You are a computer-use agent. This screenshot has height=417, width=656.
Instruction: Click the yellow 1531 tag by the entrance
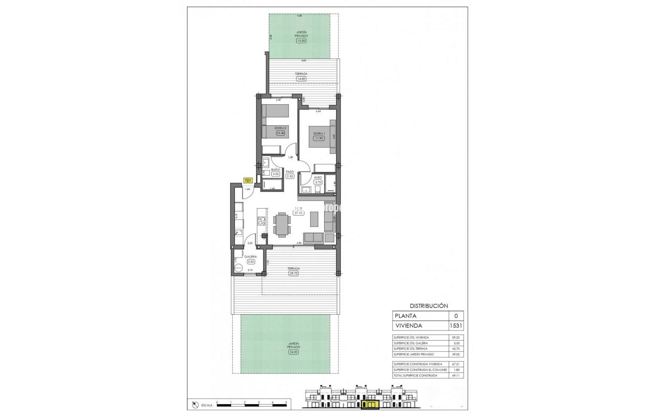[x=248, y=180]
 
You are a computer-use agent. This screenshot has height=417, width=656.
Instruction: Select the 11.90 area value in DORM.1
[x=319, y=138]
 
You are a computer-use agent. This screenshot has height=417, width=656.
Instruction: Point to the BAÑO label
[x=276, y=170]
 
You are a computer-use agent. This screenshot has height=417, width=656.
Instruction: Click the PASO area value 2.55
[x=290, y=176]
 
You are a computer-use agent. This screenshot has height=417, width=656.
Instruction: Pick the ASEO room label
[x=318, y=178]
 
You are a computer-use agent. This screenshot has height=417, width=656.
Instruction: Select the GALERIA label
[x=250, y=257]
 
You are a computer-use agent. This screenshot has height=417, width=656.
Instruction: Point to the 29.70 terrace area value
[x=294, y=273]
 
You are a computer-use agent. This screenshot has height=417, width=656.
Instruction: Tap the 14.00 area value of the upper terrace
[x=301, y=79]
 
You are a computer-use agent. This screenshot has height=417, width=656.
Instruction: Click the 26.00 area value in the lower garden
[x=294, y=352]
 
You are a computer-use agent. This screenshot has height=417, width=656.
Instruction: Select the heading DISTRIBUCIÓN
[x=429, y=306]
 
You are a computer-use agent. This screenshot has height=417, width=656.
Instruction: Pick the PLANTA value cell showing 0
[x=456, y=316]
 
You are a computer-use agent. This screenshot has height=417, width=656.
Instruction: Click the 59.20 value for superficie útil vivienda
[x=456, y=337]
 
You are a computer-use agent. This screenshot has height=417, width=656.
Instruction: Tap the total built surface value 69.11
[x=456, y=375]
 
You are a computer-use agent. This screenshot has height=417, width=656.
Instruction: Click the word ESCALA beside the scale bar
[x=207, y=405]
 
